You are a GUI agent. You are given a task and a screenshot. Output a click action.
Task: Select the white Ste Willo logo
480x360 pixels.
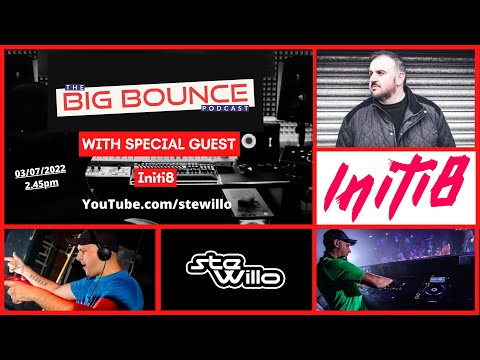[238, 271]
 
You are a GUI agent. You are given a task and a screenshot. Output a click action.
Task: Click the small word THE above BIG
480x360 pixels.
[71, 88]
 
